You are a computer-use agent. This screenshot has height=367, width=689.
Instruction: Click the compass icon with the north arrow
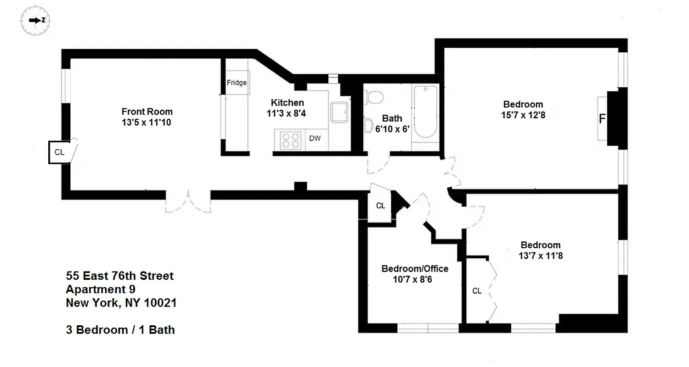click(35, 20)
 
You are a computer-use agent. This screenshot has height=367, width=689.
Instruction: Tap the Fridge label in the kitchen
click(237, 83)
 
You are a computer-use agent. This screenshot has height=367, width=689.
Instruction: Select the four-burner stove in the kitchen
click(288, 140)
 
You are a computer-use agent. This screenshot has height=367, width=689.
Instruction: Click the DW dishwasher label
click(315, 139)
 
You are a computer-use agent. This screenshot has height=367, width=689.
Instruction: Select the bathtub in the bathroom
click(425, 112)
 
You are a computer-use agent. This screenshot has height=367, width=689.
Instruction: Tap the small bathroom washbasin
click(369, 125)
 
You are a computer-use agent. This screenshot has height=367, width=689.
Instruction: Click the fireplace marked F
click(602, 119)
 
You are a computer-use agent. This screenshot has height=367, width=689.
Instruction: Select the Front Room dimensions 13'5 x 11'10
click(147, 122)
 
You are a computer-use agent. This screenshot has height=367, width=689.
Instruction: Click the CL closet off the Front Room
click(59, 152)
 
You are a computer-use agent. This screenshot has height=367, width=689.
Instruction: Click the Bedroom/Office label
click(415, 269)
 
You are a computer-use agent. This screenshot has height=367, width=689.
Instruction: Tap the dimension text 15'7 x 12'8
click(523, 115)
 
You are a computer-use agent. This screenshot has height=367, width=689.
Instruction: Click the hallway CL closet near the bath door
click(380, 206)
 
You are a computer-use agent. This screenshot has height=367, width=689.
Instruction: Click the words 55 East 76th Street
click(120, 276)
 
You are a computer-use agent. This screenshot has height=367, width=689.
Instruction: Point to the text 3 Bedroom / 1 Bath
click(120, 330)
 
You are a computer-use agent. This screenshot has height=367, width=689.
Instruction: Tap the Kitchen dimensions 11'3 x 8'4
click(287, 113)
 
